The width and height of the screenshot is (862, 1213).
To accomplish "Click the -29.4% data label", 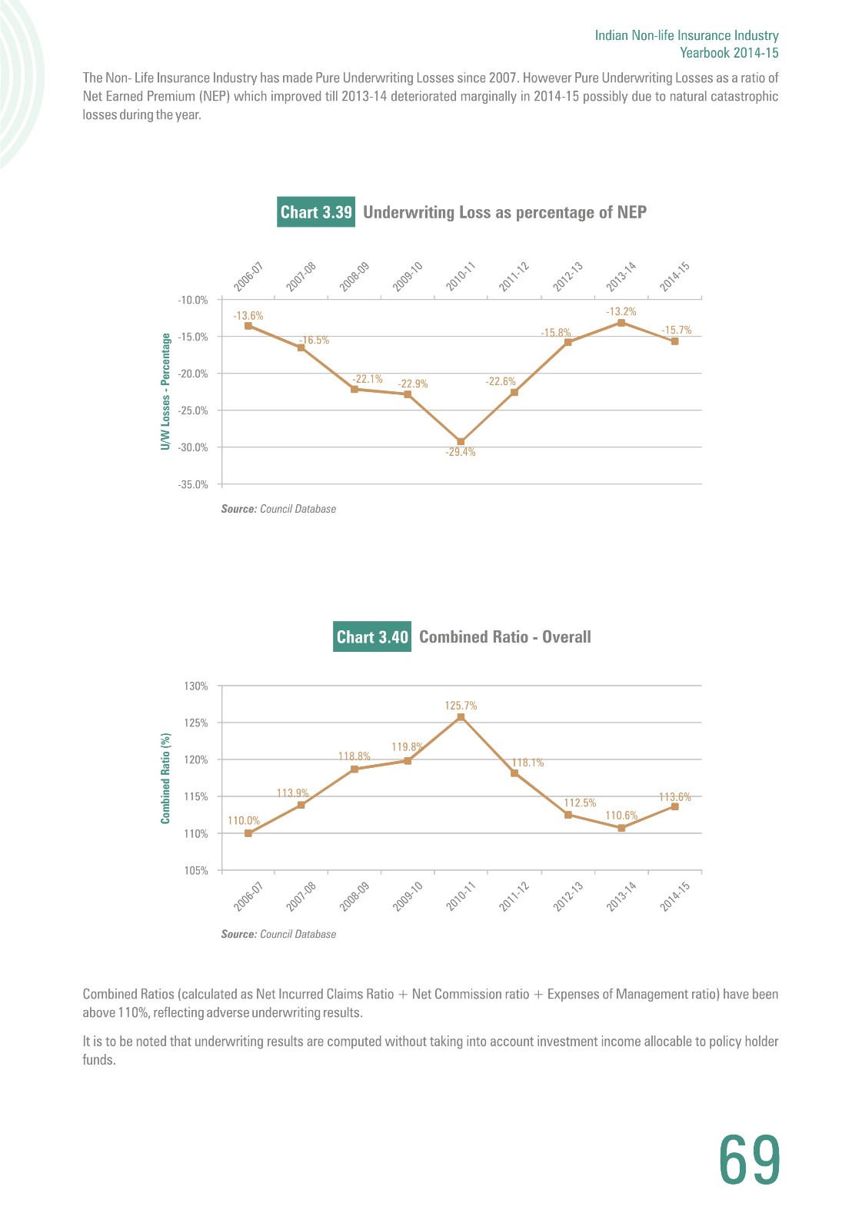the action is [461, 452].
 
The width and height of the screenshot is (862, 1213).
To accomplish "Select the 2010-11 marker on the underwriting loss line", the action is [461, 442].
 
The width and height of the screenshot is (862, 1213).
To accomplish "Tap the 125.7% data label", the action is [461, 706].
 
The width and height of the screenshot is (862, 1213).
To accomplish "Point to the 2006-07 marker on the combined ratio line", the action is [248, 833].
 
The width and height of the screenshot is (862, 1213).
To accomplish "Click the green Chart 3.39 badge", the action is [316, 211].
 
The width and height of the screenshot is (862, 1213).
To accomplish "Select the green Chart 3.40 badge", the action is [372, 636].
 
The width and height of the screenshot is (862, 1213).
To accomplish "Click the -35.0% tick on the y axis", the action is [193, 484].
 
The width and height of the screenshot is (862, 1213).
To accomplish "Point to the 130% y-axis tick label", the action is [196, 686].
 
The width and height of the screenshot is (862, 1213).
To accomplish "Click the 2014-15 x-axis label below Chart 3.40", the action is [674, 896].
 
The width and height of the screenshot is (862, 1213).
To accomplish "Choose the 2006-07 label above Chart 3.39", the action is [248, 277].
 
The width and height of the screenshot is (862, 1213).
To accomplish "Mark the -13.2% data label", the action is [621, 311].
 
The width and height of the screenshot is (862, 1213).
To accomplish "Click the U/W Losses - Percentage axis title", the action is [165, 391].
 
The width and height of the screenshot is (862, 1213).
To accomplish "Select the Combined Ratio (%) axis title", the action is [165, 778].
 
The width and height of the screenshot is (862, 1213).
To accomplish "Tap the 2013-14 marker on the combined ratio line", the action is [621, 828].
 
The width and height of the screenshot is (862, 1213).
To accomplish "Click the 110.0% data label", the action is [244, 820].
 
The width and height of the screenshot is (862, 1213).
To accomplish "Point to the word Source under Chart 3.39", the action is [239, 509].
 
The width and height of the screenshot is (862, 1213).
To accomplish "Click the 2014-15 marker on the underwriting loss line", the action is [674, 342].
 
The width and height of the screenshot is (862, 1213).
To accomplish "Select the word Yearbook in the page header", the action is [704, 53].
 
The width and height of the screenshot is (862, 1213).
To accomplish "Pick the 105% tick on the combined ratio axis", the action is [196, 871].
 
